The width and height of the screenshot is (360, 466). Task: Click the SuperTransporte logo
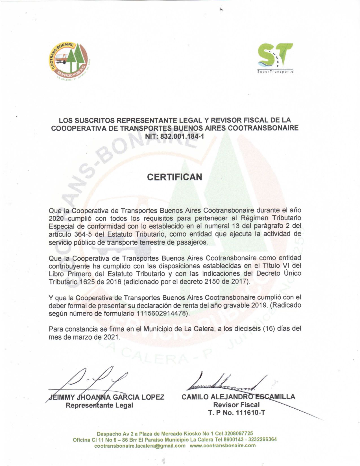pos(275,58)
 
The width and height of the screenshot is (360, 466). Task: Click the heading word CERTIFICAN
pos(175,177)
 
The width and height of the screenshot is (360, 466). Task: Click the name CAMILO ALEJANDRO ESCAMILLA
pos(238,397)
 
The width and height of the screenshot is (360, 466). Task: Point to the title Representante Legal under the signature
pos(99,405)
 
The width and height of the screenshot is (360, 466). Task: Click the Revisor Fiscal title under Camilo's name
pos(236,405)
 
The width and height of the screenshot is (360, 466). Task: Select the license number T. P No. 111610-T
pos(237,413)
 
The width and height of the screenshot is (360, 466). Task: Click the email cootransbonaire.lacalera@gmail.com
pos(140,446)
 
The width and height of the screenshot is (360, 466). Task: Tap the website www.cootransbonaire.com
pos(223,446)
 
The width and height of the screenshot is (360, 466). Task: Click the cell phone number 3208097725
pos(239,434)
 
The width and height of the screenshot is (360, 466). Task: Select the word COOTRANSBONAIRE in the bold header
pos(263,128)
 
